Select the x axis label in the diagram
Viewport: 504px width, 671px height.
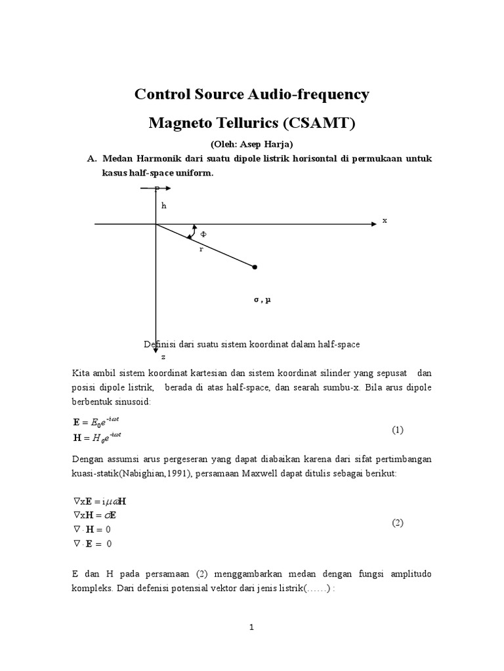[x=385, y=221]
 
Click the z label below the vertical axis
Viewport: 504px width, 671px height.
[x=163, y=357]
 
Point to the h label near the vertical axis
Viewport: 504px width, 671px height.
[x=165, y=205]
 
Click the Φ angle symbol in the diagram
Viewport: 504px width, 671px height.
[x=203, y=233]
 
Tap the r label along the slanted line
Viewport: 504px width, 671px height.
[x=201, y=250]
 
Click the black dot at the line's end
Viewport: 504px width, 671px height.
[x=255, y=267]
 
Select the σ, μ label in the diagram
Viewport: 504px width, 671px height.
[x=262, y=299]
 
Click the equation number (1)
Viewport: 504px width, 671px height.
[x=398, y=430]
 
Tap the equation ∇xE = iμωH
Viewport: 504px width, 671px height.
[x=100, y=501]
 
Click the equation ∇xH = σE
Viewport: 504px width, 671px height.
[x=95, y=515]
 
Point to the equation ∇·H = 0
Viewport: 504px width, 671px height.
[x=93, y=529]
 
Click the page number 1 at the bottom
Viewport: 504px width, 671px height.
[x=251, y=627]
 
